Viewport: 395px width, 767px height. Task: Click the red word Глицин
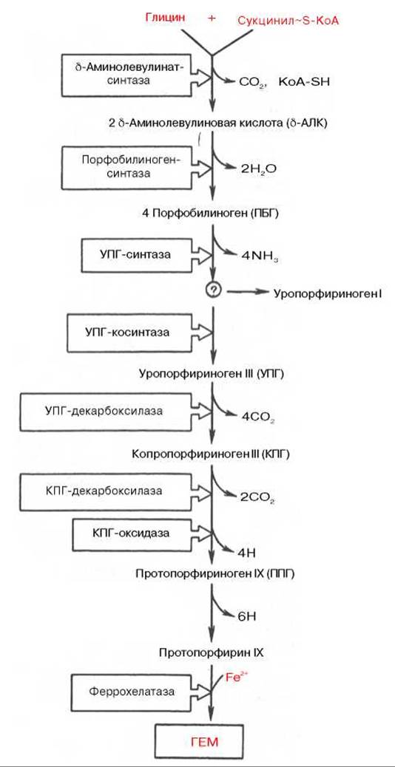[x=166, y=18]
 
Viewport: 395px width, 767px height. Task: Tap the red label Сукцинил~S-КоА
[x=288, y=20]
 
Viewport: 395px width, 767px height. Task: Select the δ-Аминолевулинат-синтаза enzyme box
[x=128, y=75]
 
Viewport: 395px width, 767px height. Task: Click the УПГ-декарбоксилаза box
[x=107, y=411]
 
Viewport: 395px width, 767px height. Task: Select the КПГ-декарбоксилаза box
[x=107, y=490]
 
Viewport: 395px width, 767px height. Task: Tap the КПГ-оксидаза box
[x=133, y=532]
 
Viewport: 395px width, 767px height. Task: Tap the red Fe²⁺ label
[x=237, y=678]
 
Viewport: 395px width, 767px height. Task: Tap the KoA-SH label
[x=304, y=82]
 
